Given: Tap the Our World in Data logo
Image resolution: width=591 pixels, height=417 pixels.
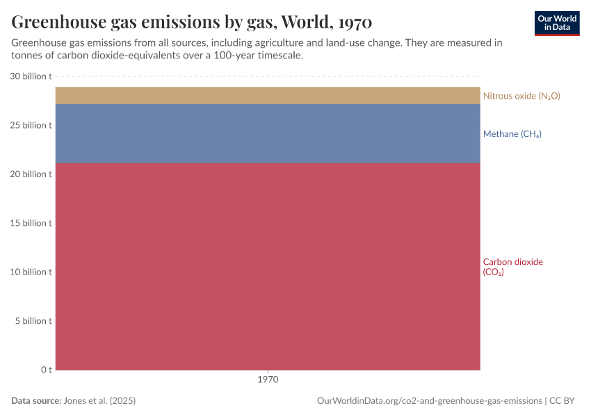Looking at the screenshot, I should (x=556, y=23).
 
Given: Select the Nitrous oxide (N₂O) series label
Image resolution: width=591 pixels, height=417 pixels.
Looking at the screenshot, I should (x=521, y=96).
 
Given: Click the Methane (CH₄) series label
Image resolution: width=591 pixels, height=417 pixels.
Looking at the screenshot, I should (x=512, y=134).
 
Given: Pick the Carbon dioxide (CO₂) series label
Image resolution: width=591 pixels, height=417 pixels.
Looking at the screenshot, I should (x=512, y=267).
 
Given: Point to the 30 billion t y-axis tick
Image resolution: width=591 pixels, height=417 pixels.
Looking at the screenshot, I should (x=31, y=76).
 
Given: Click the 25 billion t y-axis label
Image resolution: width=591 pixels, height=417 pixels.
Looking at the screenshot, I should (x=31, y=125).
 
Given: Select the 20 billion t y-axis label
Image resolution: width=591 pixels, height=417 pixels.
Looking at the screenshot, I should (x=31, y=174).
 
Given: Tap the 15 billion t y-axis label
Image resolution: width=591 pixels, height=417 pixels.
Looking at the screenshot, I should (x=31, y=223).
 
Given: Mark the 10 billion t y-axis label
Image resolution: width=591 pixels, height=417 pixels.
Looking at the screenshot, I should (x=31, y=272).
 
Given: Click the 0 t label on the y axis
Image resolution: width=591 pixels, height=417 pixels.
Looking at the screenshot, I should (x=46, y=370).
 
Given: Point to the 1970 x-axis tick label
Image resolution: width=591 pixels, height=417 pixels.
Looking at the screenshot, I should (x=268, y=380).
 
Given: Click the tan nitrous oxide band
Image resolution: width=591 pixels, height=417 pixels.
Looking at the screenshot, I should (x=268, y=95).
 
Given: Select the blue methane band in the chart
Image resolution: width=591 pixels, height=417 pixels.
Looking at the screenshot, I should (x=268, y=133).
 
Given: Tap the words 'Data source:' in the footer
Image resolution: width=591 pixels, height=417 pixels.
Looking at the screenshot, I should (x=36, y=401).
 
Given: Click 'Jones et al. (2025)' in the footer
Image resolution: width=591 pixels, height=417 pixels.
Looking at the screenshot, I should (x=99, y=401).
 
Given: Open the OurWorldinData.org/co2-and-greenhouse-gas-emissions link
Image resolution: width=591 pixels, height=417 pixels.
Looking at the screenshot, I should (x=429, y=401).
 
